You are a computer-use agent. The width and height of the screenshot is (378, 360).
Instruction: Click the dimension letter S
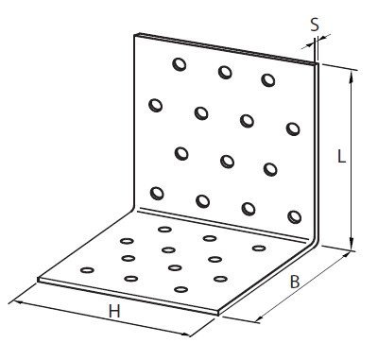pyautogui.click(x=315, y=25)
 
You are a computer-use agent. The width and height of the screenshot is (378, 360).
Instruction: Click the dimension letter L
pyautogui.click(x=341, y=156)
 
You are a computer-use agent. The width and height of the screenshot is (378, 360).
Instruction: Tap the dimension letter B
pyautogui.click(x=295, y=282)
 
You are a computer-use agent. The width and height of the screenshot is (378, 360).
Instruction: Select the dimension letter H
pyautogui.click(x=114, y=312)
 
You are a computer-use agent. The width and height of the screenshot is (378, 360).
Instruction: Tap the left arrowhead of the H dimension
pyautogui.click(x=18, y=302)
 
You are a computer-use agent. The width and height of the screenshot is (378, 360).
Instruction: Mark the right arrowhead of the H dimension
pyautogui.click(x=186, y=334)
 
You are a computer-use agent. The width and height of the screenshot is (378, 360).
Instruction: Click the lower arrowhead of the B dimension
pyautogui.click(x=259, y=319)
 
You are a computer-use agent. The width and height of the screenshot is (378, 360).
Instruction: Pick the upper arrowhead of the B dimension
pyautogui.click(x=346, y=254)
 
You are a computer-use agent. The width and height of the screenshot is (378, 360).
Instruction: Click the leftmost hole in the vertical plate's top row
pyautogui.click(x=180, y=64)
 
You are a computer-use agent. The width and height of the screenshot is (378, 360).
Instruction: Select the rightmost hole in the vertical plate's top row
pyautogui.click(x=268, y=80)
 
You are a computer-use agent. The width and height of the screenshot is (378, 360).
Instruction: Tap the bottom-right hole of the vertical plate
pyautogui.click(x=295, y=217)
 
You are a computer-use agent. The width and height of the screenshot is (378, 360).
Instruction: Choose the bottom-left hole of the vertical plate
pyautogui.click(x=157, y=193)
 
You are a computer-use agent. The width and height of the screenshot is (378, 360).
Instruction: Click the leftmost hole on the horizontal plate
pyautogui.click(x=87, y=270)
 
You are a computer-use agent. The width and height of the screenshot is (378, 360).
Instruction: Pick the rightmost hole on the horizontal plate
pyautogui.click(x=259, y=249)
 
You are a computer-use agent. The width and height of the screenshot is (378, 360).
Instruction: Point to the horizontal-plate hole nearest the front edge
pyautogui.click(x=180, y=289)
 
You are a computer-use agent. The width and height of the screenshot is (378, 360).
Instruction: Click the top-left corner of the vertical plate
pyautogui.click(x=135, y=34)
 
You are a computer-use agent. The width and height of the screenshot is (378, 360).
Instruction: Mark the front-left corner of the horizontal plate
pyautogui.click(x=38, y=280)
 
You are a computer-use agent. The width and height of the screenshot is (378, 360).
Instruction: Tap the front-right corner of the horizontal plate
pyautogui.click(x=218, y=314)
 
